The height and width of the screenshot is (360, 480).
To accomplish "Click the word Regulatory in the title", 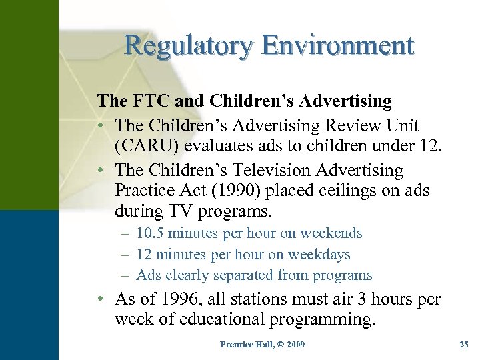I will pos(189,47).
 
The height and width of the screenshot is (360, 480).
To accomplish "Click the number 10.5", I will pos(150,233).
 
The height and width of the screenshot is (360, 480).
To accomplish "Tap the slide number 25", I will pos(464,344).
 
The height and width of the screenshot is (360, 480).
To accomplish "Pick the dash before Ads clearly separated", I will pos(125,275).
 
